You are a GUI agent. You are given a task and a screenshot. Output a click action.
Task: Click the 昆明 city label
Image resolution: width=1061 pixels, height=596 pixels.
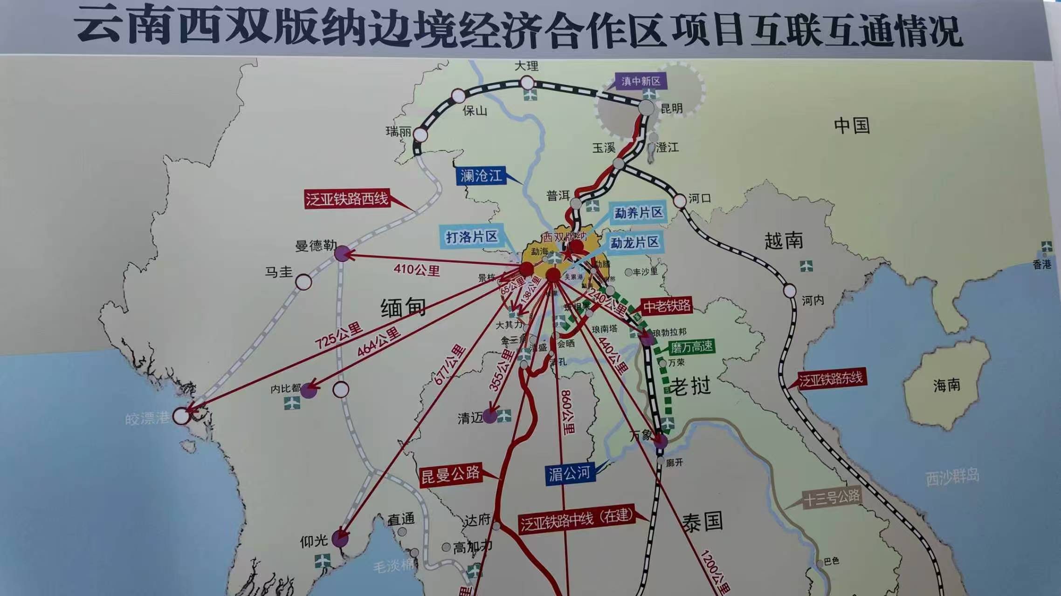(671, 108)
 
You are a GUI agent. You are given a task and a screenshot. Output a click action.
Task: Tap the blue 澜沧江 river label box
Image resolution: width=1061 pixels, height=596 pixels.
(481, 176)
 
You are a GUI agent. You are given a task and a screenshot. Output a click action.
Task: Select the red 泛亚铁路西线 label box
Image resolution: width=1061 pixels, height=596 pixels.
(347, 199)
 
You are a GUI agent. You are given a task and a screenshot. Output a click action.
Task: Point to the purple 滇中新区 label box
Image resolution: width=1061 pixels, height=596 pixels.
(641, 81)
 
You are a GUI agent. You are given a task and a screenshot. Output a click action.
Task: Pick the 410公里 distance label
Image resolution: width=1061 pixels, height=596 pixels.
(416, 270)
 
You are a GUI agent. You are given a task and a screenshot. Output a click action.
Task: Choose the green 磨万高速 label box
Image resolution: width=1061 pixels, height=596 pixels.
(691, 347)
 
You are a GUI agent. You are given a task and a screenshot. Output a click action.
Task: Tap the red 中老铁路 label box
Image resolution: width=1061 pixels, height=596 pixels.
(667, 306)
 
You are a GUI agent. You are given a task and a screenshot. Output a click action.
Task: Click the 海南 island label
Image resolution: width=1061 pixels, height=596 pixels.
(946, 385)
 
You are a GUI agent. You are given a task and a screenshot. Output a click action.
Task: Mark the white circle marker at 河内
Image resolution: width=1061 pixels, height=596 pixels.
(790, 291)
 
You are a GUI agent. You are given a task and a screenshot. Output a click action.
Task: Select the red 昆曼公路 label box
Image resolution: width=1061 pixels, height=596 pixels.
(450, 475)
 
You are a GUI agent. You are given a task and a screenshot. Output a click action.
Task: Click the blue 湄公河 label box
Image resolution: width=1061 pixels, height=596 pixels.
(569, 474)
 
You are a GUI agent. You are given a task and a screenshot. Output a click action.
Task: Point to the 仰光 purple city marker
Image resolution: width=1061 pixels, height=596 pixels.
(340, 539)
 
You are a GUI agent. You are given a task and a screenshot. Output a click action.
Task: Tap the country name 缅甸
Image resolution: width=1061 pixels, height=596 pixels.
(403, 308)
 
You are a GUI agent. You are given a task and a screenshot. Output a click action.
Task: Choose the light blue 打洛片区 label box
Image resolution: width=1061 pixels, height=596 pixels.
(472, 237)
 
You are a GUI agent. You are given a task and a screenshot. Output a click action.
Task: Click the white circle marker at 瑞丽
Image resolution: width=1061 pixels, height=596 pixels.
(420, 135)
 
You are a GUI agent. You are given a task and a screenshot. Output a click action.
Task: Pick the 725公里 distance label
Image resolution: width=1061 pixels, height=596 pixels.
(338, 336)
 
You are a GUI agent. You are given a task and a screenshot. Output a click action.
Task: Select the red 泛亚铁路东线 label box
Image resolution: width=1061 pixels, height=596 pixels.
(831, 379)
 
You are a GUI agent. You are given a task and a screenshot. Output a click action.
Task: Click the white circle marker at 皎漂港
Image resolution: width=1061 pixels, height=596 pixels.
(181, 416)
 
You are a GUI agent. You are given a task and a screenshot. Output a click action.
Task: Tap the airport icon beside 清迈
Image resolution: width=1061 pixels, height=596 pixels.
(504, 416)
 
